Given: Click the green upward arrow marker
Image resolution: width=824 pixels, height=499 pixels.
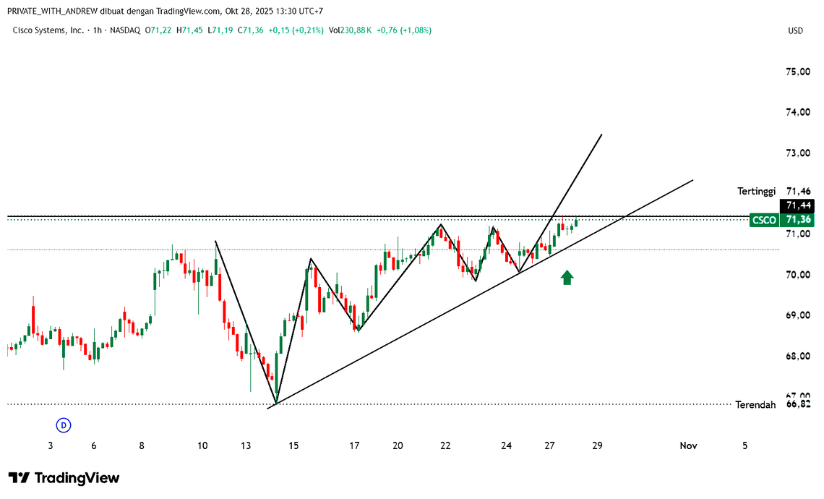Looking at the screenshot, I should pyautogui.click(x=567, y=277).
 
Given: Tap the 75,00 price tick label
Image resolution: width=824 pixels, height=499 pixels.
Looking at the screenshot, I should pyautogui.click(x=797, y=72).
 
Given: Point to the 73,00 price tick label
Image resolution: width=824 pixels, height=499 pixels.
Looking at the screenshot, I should pyautogui.click(x=797, y=153).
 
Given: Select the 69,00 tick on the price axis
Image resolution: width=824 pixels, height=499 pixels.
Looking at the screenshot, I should pyautogui.click(x=797, y=315).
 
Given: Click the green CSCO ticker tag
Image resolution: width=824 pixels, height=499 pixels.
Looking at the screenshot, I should pyautogui.click(x=764, y=220).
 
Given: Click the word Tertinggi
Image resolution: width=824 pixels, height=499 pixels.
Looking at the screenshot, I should pyautogui.click(x=756, y=191).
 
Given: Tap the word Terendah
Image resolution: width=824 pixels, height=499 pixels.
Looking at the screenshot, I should pyautogui.click(x=755, y=404).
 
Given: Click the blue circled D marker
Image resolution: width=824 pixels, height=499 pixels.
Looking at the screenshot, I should pyautogui.click(x=64, y=425).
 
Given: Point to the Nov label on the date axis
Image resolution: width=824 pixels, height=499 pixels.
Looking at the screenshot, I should pyautogui.click(x=688, y=446).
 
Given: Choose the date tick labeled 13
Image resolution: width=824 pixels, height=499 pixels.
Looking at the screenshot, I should pyautogui.click(x=246, y=446).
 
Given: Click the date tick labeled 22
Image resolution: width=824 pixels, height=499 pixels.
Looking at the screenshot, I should pyautogui.click(x=445, y=446).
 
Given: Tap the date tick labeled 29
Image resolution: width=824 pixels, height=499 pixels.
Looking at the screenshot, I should pyautogui.click(x=597, y=446).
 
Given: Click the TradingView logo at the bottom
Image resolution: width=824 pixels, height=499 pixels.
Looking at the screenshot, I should pyautogui.click(x=64, y=478).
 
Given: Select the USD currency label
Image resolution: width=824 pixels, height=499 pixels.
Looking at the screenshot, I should pyautogui.click(x=795, y=30).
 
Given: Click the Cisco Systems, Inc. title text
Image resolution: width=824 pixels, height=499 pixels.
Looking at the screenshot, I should pyautogui.click(x=48, y=30).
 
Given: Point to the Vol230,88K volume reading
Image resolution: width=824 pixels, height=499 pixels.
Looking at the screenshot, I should pyautogui.click(x=350, y=30).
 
